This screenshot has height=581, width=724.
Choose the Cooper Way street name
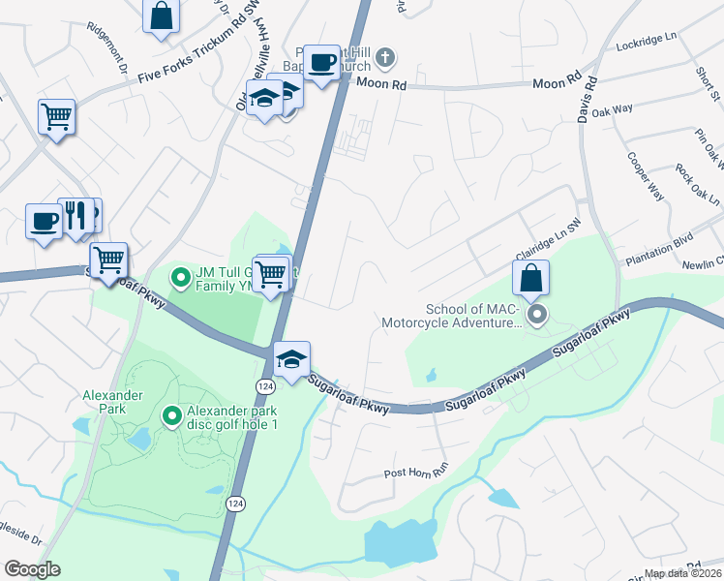645,176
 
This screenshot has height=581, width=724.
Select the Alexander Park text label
112,402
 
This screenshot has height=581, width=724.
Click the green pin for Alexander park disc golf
172,416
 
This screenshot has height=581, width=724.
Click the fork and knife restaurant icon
75,217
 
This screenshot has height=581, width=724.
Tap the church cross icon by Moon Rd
384,58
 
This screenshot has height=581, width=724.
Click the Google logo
32,569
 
